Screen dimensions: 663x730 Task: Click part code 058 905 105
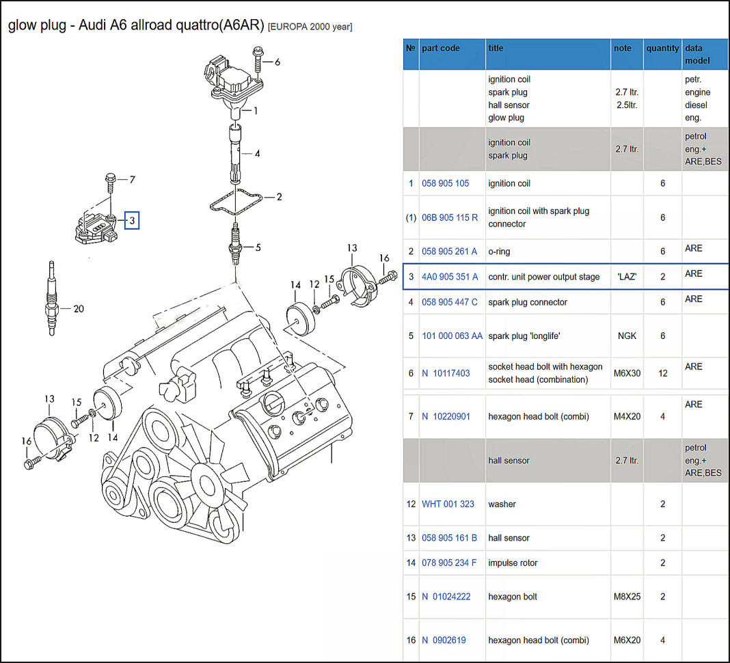pyautogui.click(x=445, y=183)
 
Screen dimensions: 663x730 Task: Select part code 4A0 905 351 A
pyautogui.click(x=450, y=277)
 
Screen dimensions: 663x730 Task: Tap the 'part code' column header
pyautogui.click(x=441, y=49)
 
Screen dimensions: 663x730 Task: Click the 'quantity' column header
pyautogui.click(x=662, y=49)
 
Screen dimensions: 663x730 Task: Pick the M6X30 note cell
pyautogui.click(x=627, y=373)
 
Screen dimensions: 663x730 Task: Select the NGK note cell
pyautogui.click(x=627, y=336)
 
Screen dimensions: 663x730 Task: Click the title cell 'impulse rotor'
pyautogui.click(x=513, y=563)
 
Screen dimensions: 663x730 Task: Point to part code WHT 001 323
pyautogui.click(x=448, y=504)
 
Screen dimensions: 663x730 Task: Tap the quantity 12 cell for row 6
pyautogui.click(x=662, y=373)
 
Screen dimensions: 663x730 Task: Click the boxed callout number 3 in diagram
pyautogui.click(x=133, y=220)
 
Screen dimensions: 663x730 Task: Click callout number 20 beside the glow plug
pyautogui.click(x=79, y=309)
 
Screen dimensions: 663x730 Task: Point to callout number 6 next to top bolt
pyautogui.click(x=277, y=62)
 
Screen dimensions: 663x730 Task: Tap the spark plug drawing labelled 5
pyautogui.click(x=235, y=243)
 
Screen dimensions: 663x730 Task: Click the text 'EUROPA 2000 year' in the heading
pyautogui.click(x=310, y=27)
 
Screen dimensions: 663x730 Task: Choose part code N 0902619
pyautogui.click(x=444, y=640)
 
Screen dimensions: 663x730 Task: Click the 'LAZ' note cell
pyautogui.click(x=627, y=277)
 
